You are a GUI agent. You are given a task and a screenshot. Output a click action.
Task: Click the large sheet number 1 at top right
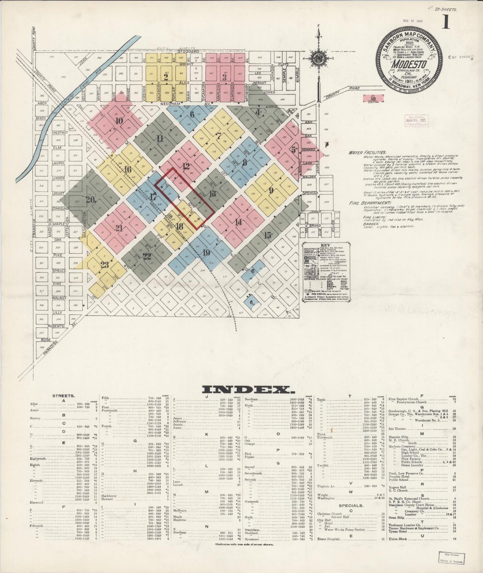pos(446,22)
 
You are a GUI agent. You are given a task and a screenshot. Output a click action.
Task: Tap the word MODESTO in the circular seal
pos(409,64)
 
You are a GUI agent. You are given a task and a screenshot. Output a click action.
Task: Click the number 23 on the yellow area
pos(105,265)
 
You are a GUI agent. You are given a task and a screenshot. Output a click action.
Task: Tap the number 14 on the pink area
pos(238,222)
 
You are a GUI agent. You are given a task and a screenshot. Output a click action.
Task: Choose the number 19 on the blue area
pos(206,253)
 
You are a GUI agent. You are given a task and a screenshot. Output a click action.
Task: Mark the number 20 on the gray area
pos(91,200)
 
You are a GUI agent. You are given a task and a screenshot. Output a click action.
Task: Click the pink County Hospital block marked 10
pos(373,98)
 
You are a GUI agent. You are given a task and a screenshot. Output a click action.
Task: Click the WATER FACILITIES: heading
pos(367,152)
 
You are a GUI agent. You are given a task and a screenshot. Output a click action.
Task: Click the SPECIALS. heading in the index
pos(351,505)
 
